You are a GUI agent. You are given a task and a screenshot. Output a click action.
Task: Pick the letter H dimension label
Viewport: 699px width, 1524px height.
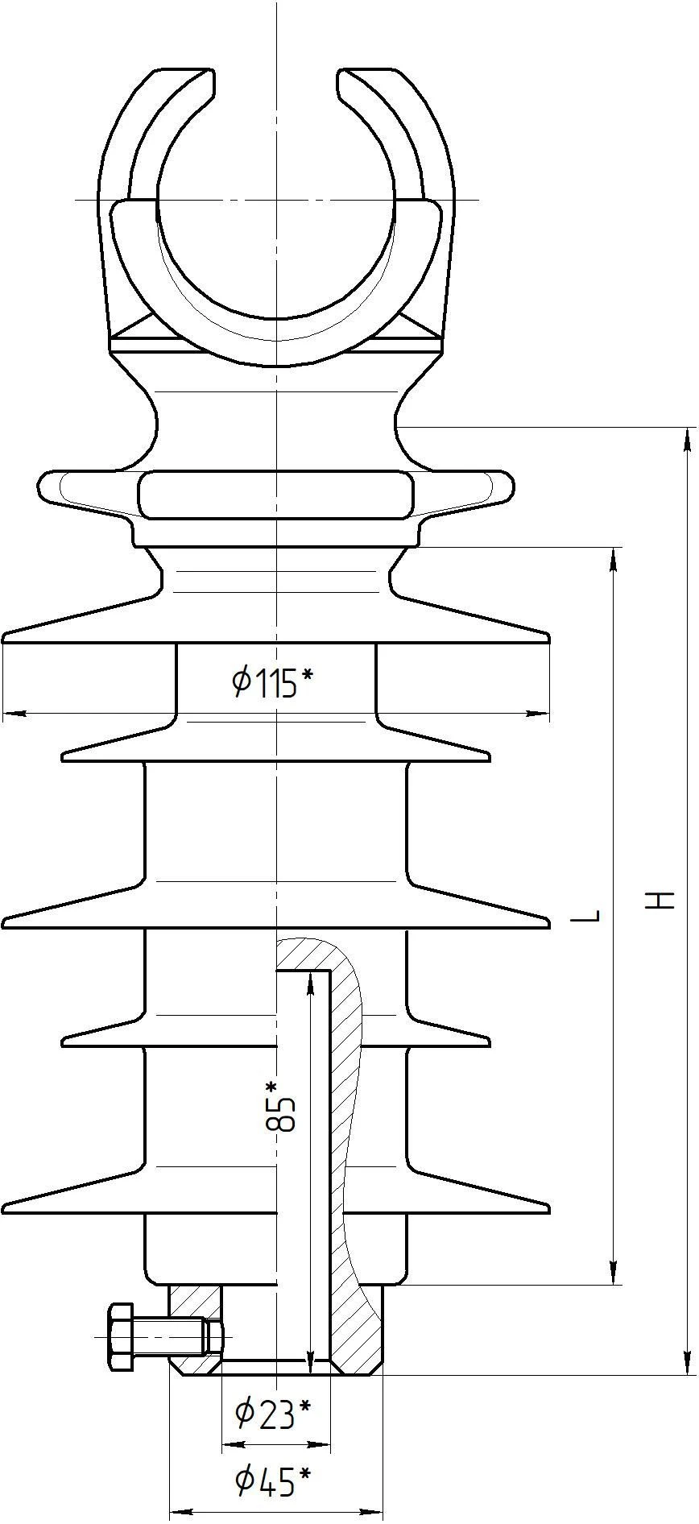coord(662,900)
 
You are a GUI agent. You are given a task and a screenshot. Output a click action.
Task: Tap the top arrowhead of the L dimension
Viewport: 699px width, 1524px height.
coord(614,559)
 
